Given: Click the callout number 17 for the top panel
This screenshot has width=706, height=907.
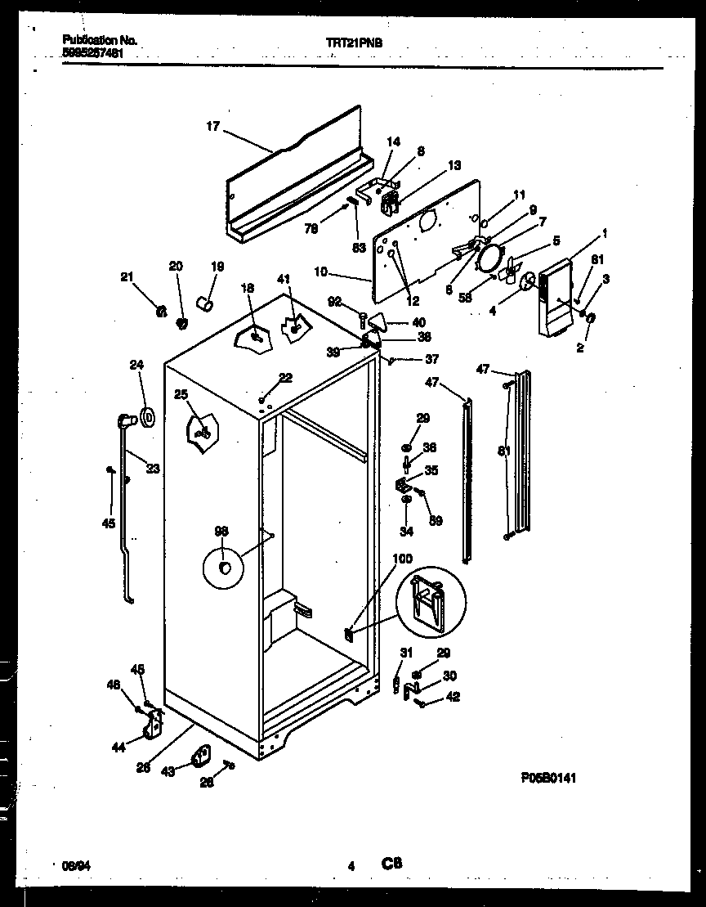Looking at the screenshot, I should click(x=212, y=126).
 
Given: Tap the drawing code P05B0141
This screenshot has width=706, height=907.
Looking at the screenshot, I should click(x=547, y=779).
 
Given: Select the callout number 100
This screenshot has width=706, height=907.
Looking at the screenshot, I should click(x=403, y=559).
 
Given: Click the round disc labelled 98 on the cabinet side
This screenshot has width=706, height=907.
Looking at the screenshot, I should click(x=224, y=568).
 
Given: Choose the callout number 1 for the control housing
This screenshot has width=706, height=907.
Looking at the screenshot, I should click(x=605, y=234).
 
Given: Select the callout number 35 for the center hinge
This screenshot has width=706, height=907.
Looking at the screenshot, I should click(x=431, y=470).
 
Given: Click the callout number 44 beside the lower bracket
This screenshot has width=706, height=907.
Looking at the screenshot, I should click(x=119, y=746).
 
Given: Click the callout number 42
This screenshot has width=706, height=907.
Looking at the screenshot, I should click(x=453, y=697).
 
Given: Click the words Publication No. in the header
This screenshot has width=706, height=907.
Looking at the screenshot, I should click(x=99, y=39).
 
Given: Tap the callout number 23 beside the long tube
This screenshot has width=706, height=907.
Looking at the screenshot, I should click(x=153, y=469).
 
